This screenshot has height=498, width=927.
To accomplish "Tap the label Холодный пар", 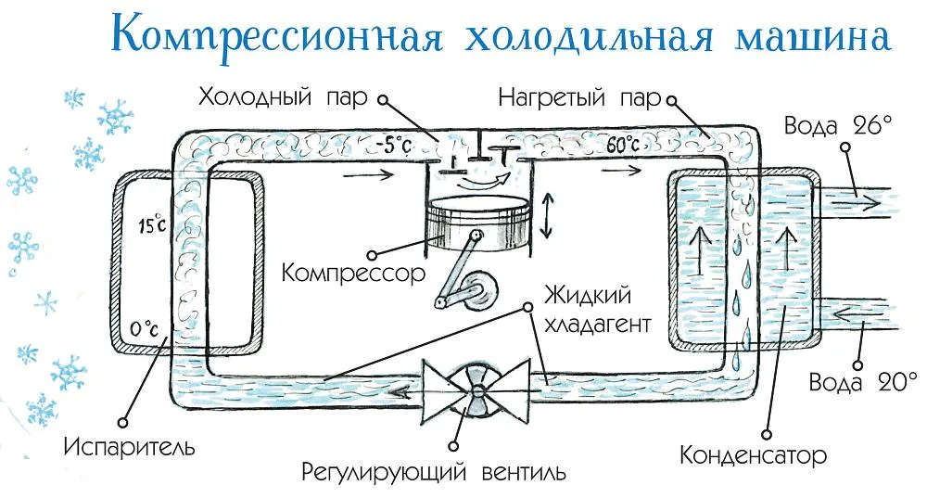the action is [283, 96].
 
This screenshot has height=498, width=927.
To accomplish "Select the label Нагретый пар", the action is [580, 97].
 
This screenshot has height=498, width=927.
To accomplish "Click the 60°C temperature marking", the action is [623, 145].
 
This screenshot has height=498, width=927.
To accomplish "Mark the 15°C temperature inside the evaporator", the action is [152, 224].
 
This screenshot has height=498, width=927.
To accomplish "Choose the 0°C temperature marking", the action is [144, 328].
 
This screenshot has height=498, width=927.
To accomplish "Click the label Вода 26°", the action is [837, 125].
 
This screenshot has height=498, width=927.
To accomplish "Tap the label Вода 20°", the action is [862, 381].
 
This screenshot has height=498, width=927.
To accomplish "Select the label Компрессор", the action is [353, 274].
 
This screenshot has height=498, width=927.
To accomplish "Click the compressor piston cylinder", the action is [476, 223].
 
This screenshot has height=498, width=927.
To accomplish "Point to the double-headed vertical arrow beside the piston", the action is [547, 215].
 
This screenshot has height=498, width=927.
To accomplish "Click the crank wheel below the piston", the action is [479, 291].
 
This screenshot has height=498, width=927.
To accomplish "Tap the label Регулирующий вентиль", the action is [433, 473].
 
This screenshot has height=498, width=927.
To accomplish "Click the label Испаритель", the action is [129, 447].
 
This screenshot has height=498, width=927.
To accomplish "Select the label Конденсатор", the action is [753, 455].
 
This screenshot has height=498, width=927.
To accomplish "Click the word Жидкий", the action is [588, 295].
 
